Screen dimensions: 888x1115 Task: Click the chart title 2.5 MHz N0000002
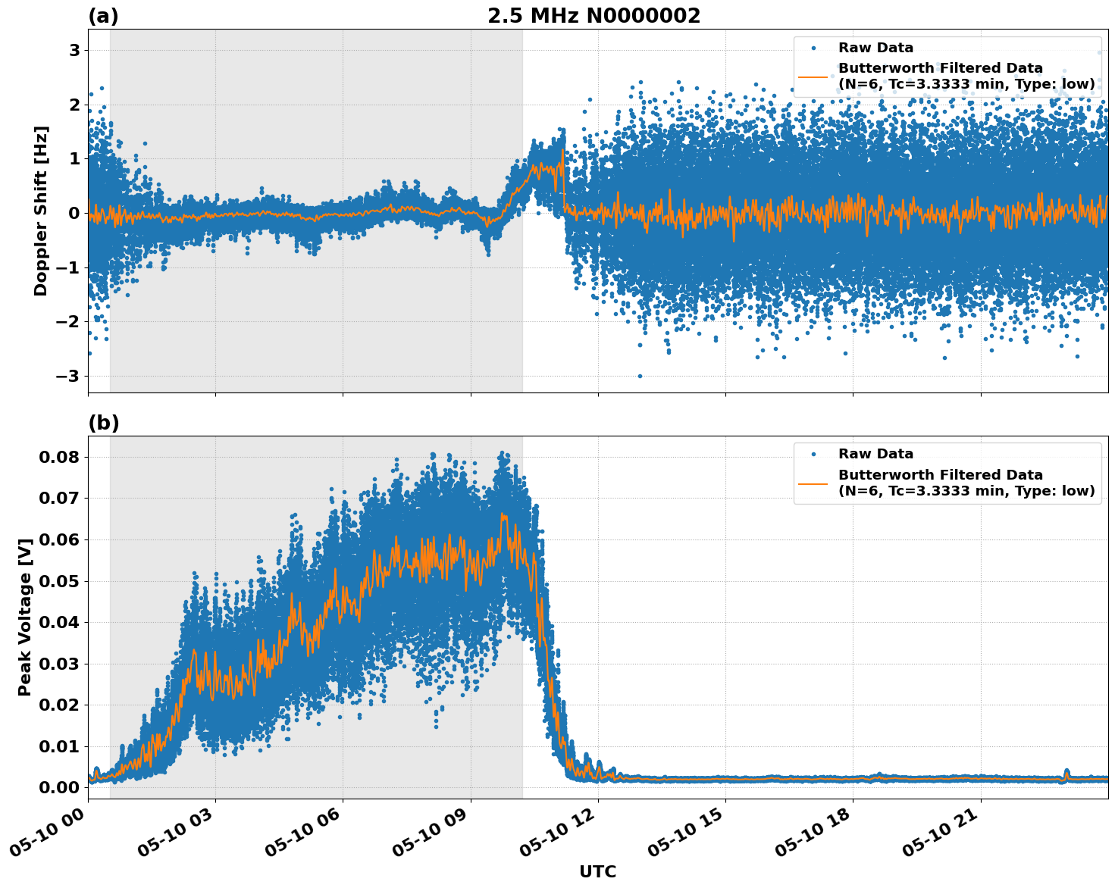click(x=594, y=16)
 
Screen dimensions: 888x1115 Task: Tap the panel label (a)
click(x=103, y=16)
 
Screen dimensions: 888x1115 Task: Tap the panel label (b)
click(x=103, y=423)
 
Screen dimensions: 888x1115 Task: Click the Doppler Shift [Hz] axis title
click(x=41, y=211)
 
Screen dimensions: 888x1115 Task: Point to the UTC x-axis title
click(x=597, y=871)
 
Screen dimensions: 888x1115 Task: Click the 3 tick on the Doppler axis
click(x=74, y=51)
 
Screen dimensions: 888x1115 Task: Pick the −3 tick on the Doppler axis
click(x=69, y=377)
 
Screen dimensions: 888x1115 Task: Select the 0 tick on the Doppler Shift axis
click(x=74, y=214)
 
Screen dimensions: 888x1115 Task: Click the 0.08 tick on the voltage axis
click(x=59, y=457)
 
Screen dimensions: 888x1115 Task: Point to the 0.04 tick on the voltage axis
click(x=59, y=622)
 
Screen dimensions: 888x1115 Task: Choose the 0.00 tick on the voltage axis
click(x=59, y=787)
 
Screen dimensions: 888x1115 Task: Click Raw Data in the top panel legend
click(x=875, y=48)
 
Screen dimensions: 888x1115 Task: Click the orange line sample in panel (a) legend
click(x=813, y=77)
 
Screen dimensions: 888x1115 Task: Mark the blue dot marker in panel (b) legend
click(x=813, y=455)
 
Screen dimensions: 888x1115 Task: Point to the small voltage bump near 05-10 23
click(x=1066, y=773)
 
